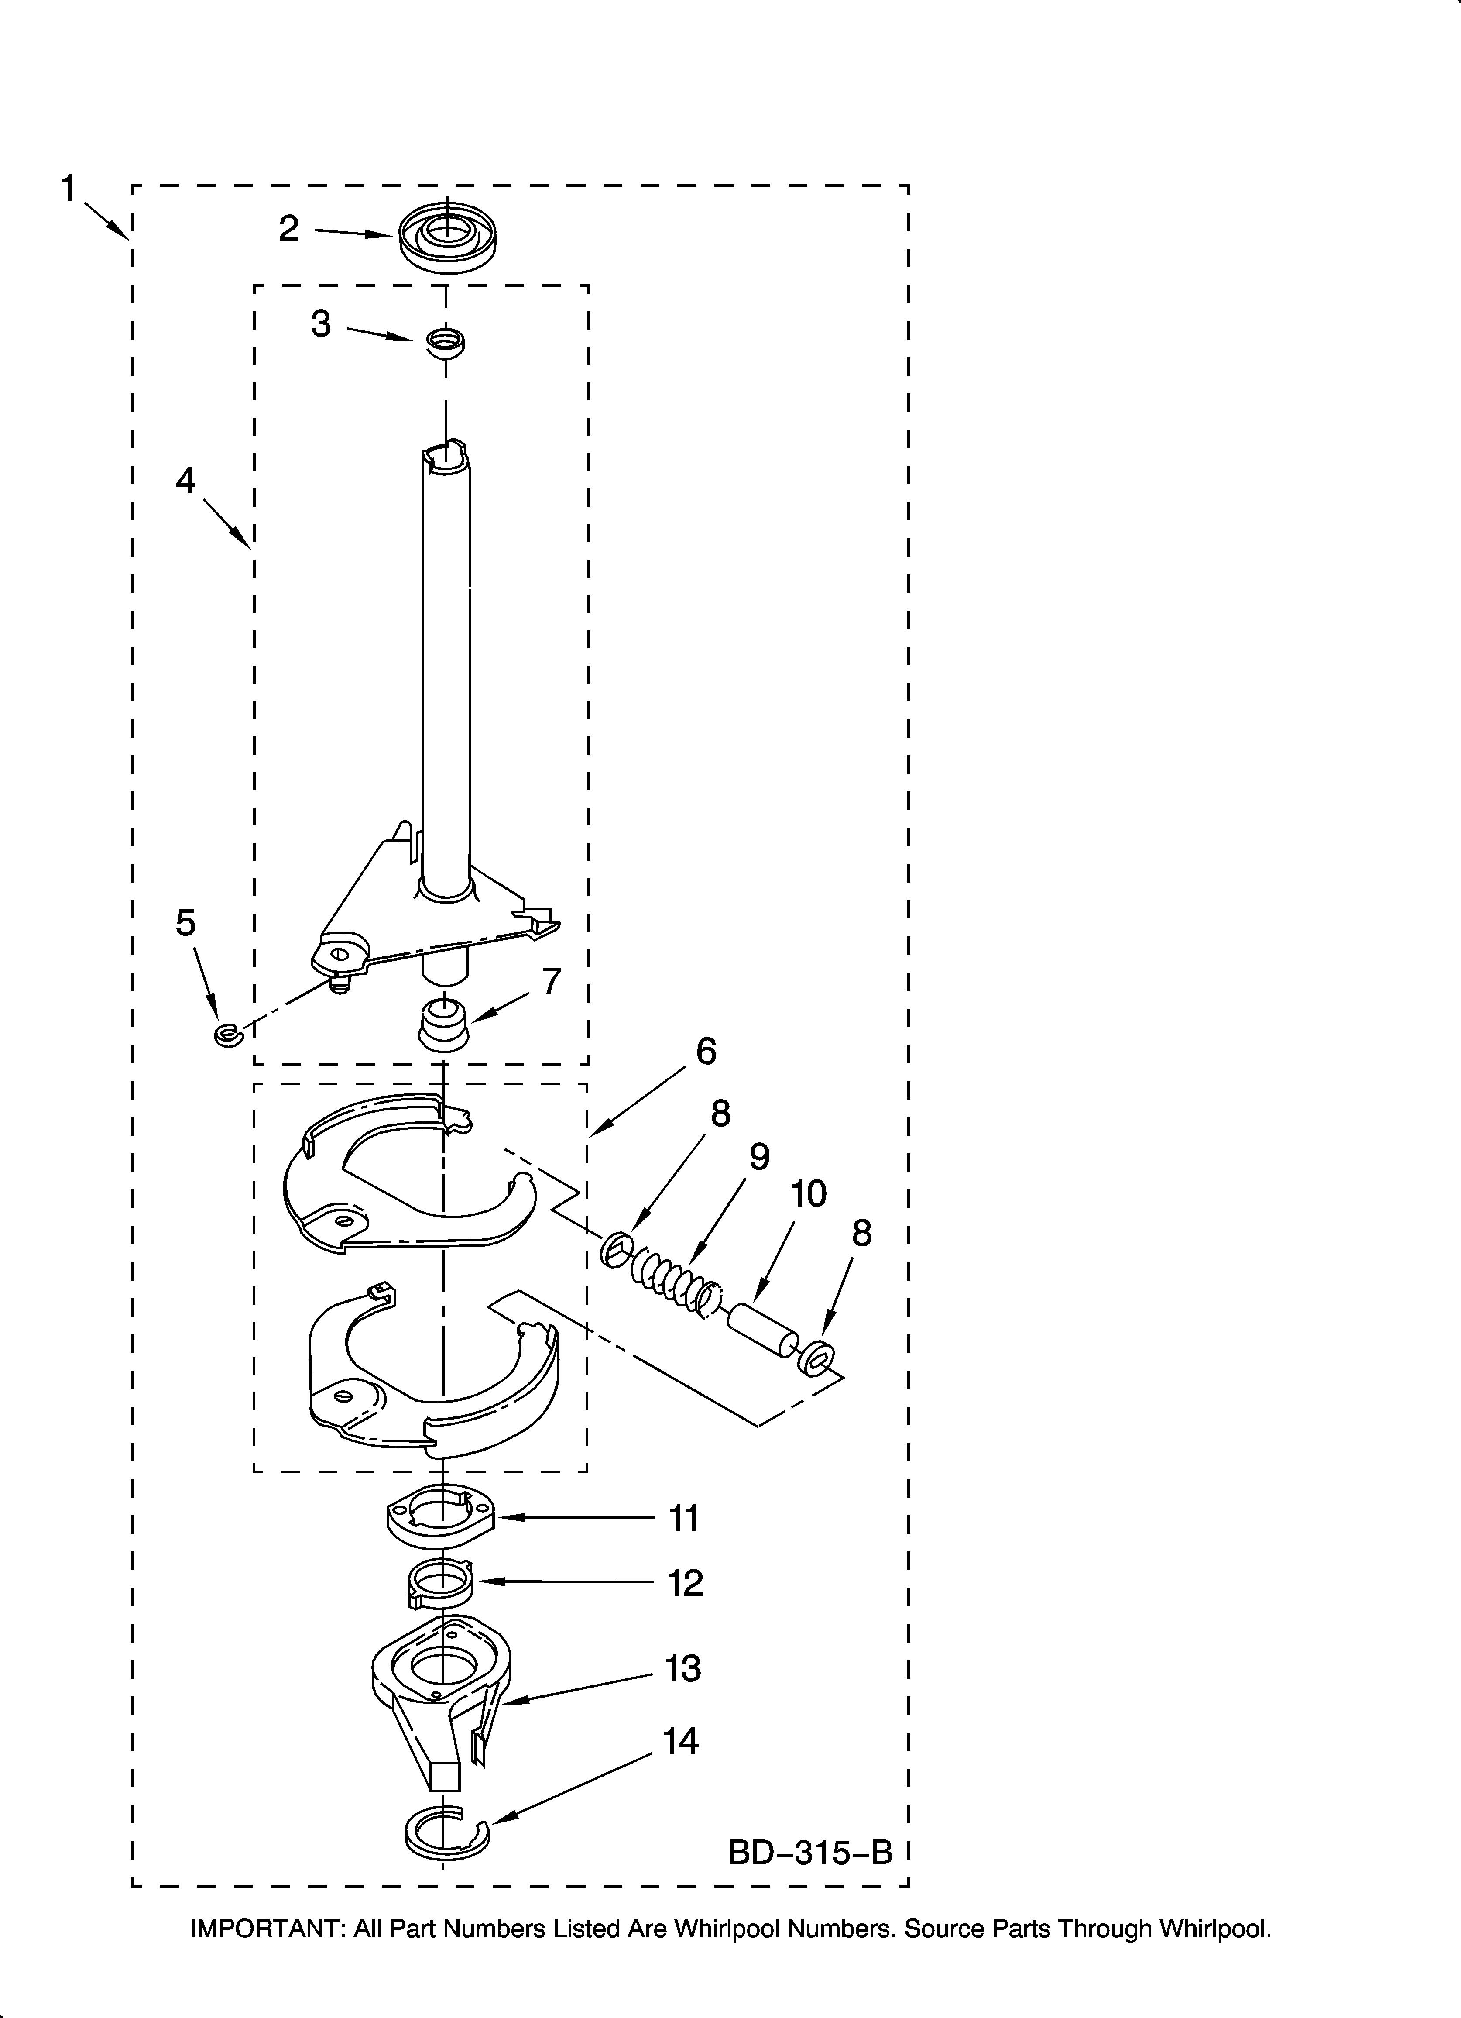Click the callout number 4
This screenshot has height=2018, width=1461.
pyautogui.click(x=185, y=481)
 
